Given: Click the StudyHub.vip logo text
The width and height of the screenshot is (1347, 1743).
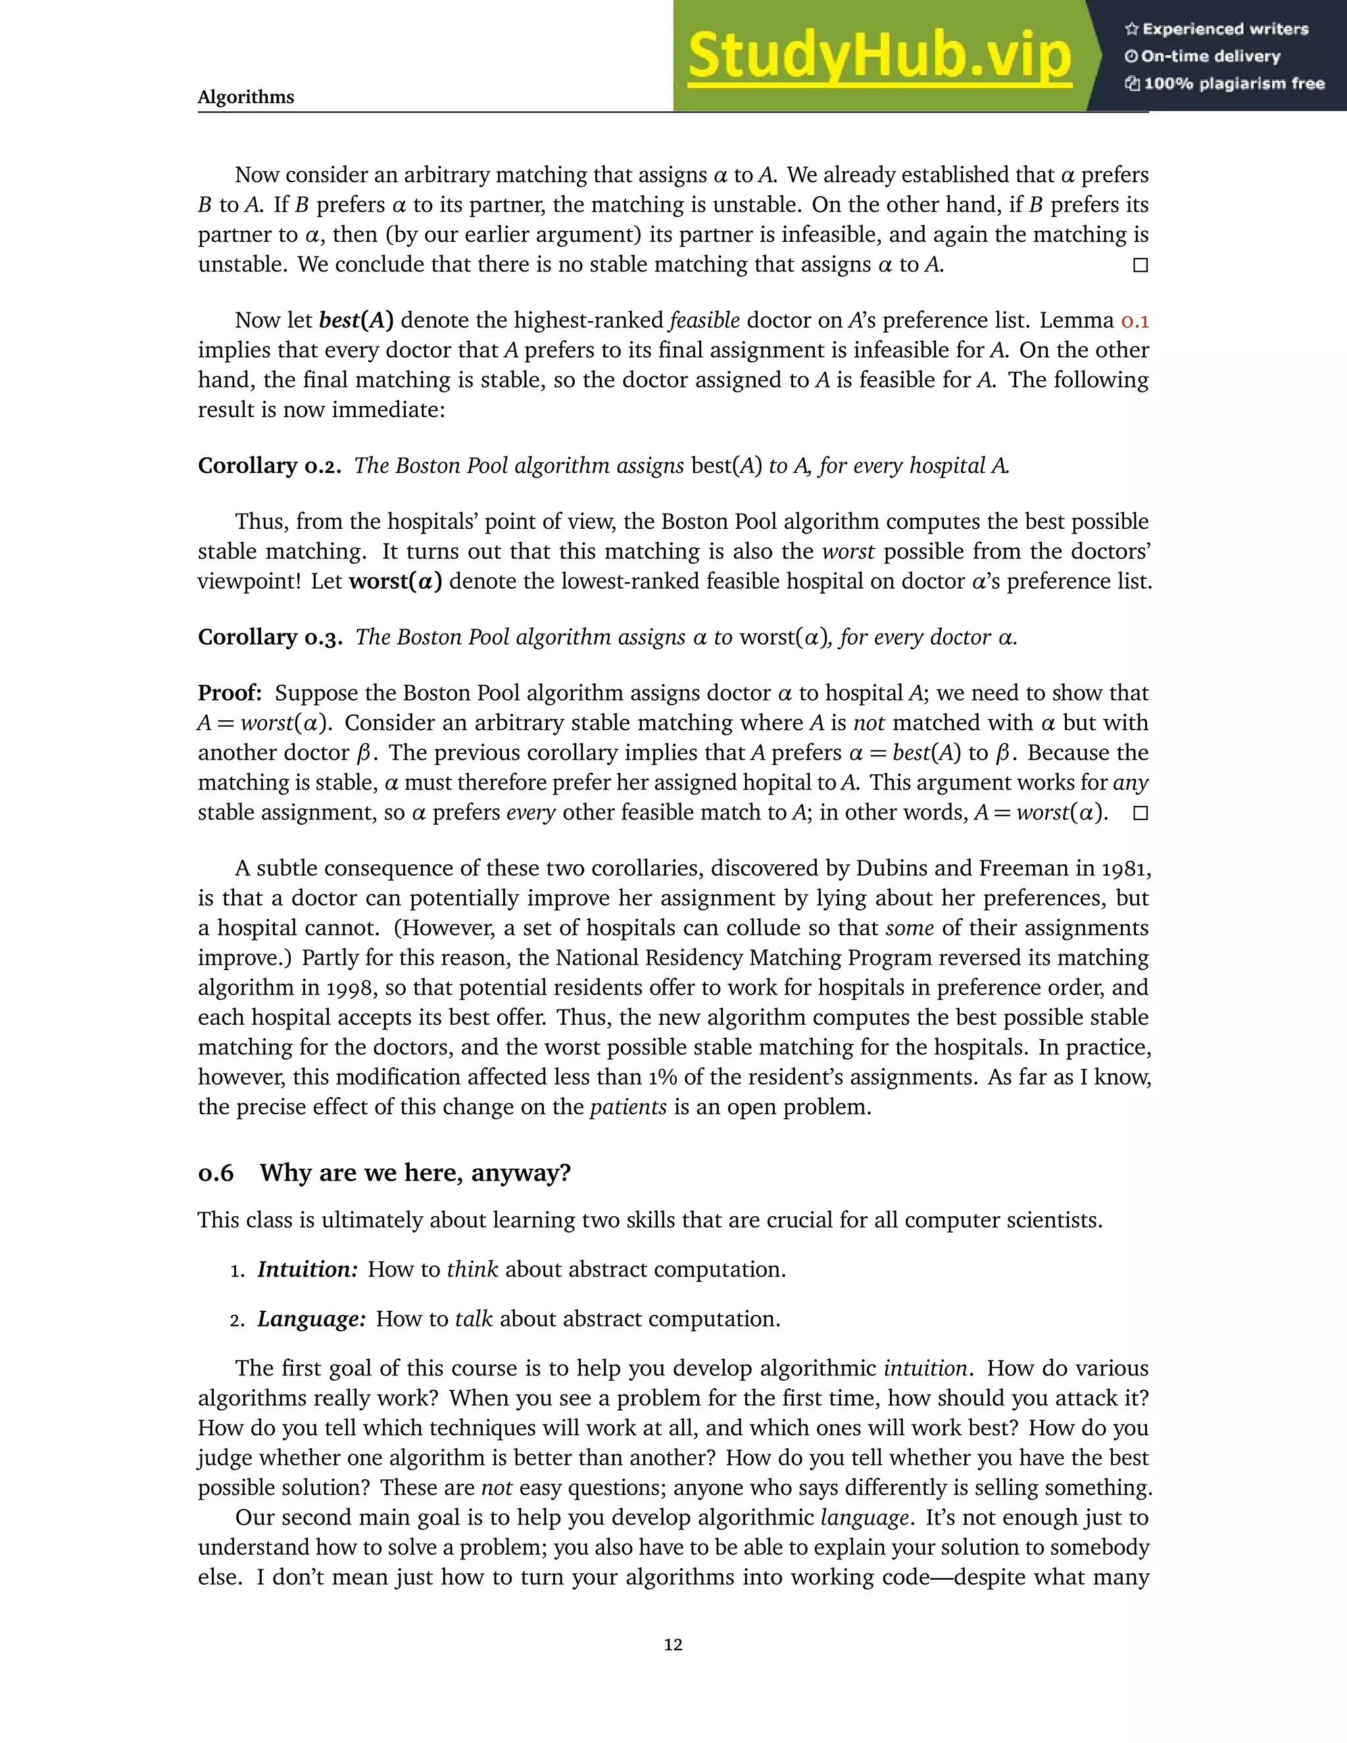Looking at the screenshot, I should tap(879, 56).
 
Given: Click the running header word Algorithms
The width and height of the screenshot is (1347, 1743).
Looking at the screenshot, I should tap(246, 97).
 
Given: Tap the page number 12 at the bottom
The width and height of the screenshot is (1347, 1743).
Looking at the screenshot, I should tap(673, 1645).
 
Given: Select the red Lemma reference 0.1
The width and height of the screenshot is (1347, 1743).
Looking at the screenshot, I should tap(1134, 321).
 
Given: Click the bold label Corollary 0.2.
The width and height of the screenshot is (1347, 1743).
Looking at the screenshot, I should tap(269, 466).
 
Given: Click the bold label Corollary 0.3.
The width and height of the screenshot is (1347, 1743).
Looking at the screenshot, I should tap(270, 637).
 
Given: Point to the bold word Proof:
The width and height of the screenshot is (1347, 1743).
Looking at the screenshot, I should tap(230, 693).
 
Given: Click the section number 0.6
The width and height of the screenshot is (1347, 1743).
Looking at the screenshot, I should tap(216, 1173).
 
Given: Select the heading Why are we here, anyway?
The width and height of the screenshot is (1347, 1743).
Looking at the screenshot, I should tap(415, 1173).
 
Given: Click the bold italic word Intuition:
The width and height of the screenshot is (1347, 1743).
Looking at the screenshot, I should tap(307, 1269).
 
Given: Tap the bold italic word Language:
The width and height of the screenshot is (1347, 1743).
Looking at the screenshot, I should tap(311, 1319).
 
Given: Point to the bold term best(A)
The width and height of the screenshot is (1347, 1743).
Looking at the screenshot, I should tap(356, 321).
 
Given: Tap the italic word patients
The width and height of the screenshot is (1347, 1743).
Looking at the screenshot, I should tap(627, 1108).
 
